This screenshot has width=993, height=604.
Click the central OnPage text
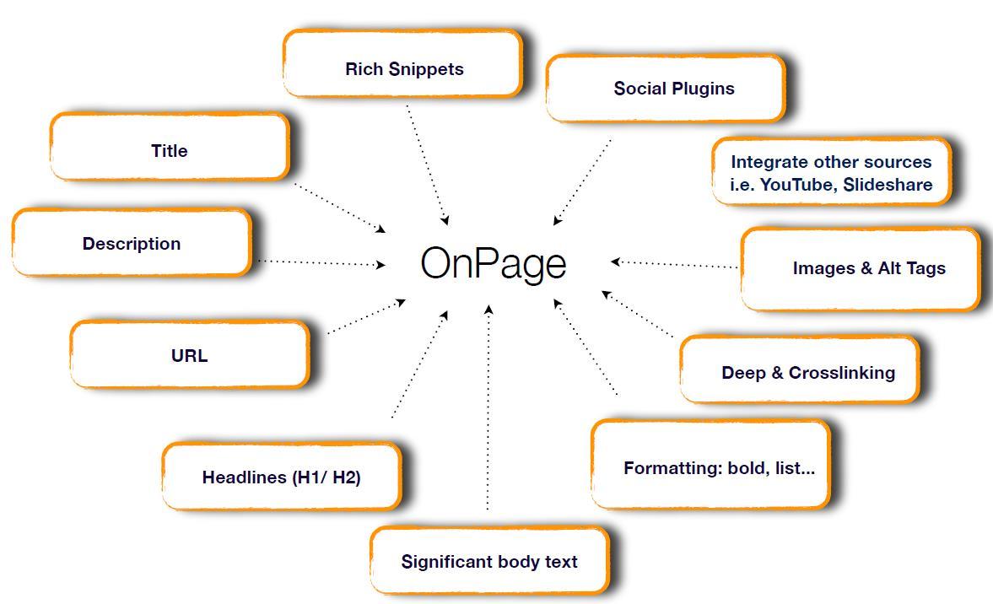click(x=493, y=263)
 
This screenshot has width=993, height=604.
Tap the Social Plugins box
click(x=666, y=89)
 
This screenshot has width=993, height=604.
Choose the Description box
click(x=132, y=243)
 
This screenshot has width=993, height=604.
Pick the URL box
click(x=190, y=355)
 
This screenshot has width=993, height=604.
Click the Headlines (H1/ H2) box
click(x=282, y=477)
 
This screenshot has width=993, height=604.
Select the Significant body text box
click(x=489, y=561)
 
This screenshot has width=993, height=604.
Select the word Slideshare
click(x=887, y=185)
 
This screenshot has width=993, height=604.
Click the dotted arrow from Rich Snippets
click(x=427, y=164)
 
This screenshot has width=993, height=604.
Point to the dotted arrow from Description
click(x=321, y=262)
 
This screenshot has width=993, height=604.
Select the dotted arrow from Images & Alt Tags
click(x=675, y=264)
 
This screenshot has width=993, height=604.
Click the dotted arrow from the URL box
click(x=365, y=316)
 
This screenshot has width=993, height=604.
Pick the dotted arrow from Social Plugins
click(x=582, y=182)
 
